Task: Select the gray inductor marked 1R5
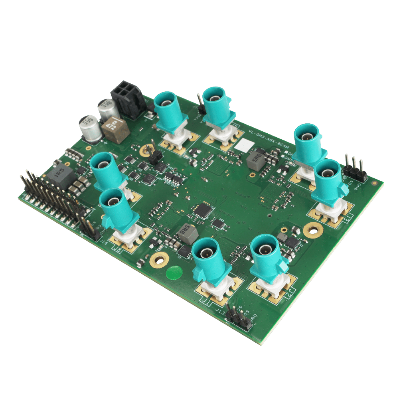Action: click(61, 174)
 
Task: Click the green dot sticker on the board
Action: click(174, 273)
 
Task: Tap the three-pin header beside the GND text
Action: click(355, 168)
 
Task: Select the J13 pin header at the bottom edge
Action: click(238, 316)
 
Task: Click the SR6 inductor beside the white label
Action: click(255, 160)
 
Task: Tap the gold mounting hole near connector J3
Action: click(313, 230)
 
